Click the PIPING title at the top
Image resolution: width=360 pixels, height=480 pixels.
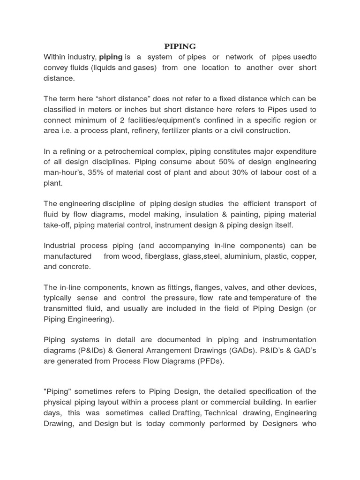tap(180, 46)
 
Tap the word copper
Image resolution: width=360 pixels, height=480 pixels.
tap(304, 256)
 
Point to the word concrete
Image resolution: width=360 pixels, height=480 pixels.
tap(75, 267)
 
